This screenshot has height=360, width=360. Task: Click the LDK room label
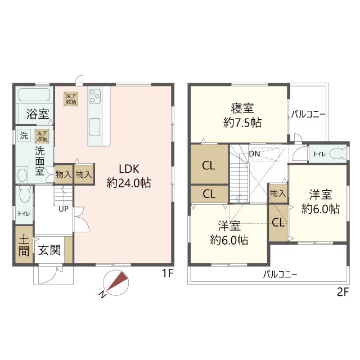pos(129,169)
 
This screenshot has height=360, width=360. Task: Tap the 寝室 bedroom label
pos(242,109)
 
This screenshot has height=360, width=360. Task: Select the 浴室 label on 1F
pos(38,114)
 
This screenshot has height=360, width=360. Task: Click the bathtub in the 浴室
pos(34,94)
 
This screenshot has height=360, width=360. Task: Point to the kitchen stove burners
pos(94,96)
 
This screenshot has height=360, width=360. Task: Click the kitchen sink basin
pos(94,127)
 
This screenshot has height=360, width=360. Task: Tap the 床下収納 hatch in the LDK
pos(71,99)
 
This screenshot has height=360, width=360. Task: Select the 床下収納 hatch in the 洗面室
pos(42,136)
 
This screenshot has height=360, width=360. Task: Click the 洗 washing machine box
pos(24,136)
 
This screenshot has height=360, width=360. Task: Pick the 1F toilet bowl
pos(25,195)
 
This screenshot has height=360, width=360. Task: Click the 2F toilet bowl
pos(337,154)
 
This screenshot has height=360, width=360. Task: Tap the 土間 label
pos(24,246)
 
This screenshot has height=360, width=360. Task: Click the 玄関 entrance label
pos(49,250)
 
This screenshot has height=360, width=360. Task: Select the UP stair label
pos(64,209)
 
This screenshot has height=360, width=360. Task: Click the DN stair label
pos(255,154)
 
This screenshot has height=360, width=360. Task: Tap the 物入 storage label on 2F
pos(278,193)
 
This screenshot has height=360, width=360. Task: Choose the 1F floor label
pos(167,273)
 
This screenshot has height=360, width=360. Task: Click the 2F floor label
pos(343,292)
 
